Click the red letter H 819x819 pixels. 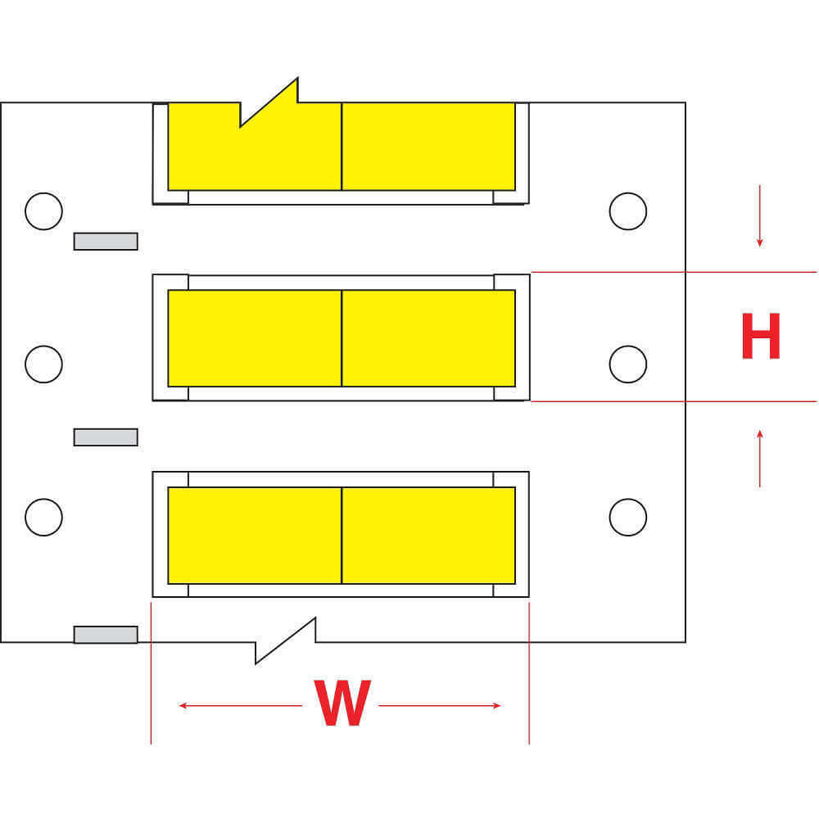[760, 337]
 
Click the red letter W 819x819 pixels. [343, 704]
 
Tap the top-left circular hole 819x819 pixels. [43, 211]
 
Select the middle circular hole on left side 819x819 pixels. [43, 364]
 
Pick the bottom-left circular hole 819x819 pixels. [43, 517]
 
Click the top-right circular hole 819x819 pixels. [628, 211]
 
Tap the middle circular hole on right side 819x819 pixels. [628, 364]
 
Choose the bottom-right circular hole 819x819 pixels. [628, 517]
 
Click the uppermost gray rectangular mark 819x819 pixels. [106, 241]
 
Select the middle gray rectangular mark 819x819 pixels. [106, 437]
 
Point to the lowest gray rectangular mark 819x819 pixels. [106, 634]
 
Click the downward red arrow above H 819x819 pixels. [760, 216]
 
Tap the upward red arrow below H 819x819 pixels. [760, 459]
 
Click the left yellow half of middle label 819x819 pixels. [254, 337]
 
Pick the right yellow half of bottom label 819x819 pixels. [428, 535]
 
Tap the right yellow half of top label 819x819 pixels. [428, 146]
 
